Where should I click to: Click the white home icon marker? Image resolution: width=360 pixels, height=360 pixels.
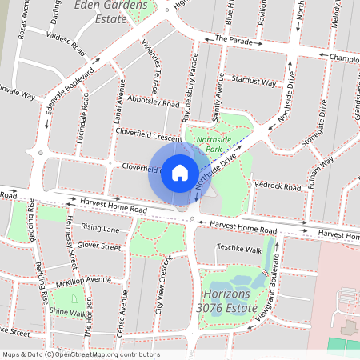(180, 172)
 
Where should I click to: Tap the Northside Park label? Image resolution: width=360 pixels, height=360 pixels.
(213, 143)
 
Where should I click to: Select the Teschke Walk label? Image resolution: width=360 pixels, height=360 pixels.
(239, 249)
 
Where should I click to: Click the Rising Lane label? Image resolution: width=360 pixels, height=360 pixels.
(100, 229)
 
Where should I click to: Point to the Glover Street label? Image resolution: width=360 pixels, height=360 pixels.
(99, 247)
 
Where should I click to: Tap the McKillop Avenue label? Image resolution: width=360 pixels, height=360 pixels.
(83, 280)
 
